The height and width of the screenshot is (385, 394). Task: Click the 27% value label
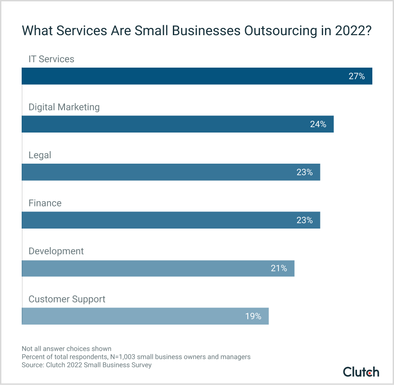356,76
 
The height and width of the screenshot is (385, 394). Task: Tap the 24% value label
318,124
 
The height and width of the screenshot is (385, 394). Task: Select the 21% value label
278,268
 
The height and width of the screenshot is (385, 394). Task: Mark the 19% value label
253,316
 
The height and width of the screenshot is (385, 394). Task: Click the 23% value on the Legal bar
305,172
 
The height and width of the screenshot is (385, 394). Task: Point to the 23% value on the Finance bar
305,220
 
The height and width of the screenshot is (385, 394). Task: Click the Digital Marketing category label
64,107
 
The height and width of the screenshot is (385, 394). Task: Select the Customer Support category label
67,299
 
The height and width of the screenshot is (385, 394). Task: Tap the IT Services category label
51,59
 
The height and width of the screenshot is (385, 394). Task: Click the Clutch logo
361,372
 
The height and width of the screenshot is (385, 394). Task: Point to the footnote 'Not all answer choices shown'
66,348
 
